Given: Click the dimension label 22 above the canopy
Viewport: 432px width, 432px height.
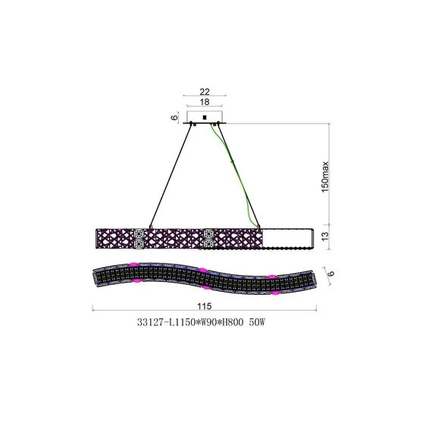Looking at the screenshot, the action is point(205,91).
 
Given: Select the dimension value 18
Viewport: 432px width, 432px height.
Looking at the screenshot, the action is point(205,102).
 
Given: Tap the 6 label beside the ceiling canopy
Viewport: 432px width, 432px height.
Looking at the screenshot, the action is point(174,117).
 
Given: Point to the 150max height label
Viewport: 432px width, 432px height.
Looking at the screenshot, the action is point(325,177).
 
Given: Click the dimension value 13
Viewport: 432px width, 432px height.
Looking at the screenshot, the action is point(325,236).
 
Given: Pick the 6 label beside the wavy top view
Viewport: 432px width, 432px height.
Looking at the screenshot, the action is point(331,273).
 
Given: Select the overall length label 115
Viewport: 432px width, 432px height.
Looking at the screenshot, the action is point(204,306).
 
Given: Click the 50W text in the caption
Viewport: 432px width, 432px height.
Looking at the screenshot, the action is point(257,322).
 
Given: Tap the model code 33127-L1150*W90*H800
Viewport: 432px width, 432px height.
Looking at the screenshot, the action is point(190,322).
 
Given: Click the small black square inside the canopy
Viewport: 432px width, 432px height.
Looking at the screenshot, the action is point(204,117).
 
